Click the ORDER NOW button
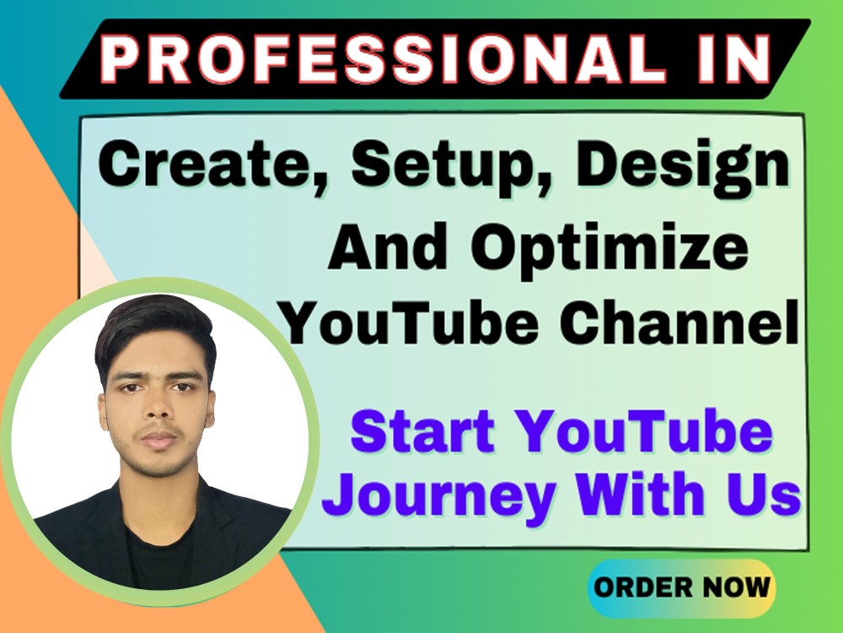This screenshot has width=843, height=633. pos(680,587)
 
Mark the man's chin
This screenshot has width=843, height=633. pos(158,467)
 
